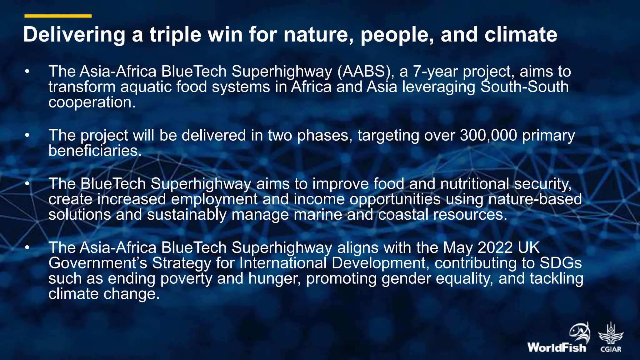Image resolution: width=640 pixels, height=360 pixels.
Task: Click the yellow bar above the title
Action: (58, 16)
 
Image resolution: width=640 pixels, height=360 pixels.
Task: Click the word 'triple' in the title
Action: (175, 34)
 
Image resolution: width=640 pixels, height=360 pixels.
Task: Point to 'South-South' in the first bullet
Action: (524, 87)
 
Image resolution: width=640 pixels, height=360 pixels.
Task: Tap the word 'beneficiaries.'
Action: (95, 151)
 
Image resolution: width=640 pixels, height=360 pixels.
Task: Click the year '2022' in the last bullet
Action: (495, 247)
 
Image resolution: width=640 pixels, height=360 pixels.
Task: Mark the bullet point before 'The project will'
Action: (27, 136)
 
